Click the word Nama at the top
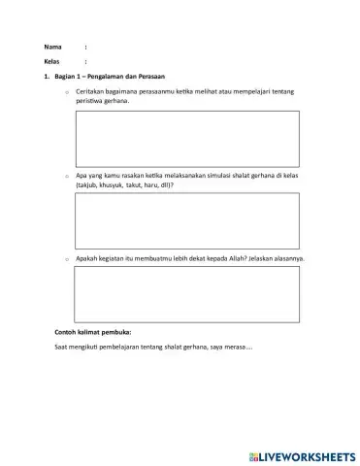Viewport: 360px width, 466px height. (52, 47)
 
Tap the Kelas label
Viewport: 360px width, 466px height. (52, 61)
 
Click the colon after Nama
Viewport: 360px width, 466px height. (85, 47)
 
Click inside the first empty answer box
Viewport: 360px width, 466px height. (186, 138)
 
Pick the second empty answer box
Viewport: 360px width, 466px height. (186, 220)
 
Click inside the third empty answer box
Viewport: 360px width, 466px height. (186, 293)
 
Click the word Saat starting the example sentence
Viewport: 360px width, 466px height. (61, 348)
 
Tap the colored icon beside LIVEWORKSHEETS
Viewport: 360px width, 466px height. (254, 455)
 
